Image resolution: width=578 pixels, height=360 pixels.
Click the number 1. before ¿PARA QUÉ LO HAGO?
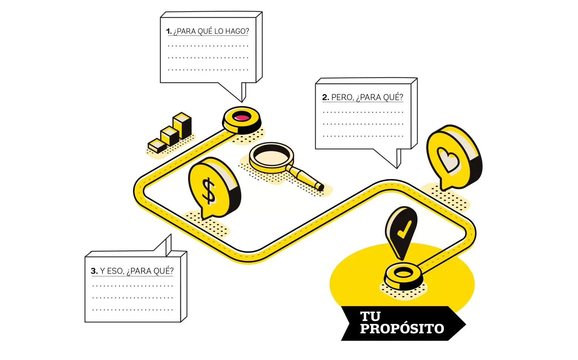169,31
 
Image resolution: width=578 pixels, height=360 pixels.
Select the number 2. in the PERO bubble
326,98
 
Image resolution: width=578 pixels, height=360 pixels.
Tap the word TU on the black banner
370,317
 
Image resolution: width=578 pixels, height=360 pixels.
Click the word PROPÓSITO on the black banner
402,329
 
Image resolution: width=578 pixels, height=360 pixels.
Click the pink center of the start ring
242,117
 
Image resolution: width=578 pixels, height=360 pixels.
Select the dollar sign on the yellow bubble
209,190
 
